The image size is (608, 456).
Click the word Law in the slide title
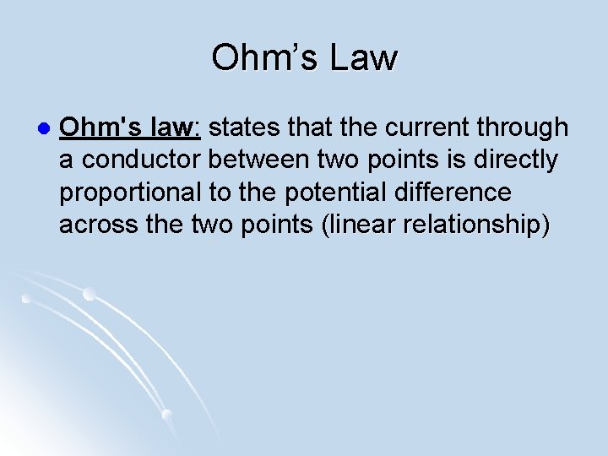pyautogui.click(x=364, y=58)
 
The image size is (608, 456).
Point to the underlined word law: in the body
pyautogui.click(x=176, y=128)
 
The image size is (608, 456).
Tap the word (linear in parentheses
pyautogui.click(x=355, y=225)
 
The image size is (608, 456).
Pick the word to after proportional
pyautogui.click(x=219, y=193)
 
